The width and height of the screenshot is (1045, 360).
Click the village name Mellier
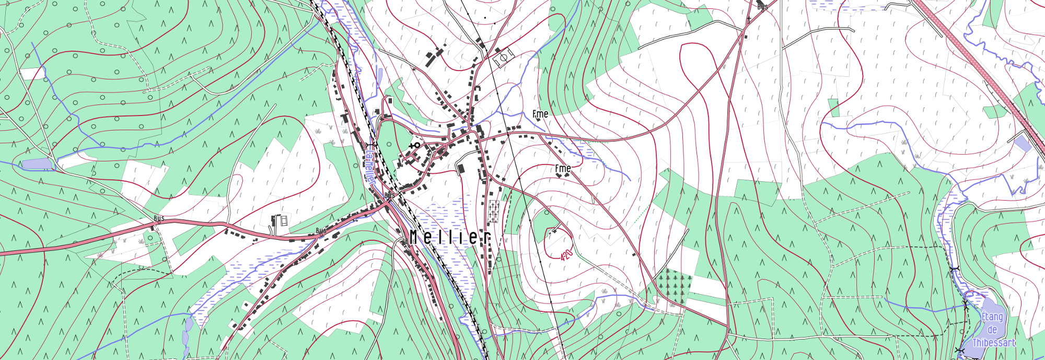[450, 238]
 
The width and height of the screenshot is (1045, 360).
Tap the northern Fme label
[540, 114]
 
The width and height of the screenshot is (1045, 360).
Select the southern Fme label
[563, 168]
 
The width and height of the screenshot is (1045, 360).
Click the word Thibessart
[993, 343]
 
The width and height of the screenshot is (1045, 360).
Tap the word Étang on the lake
[992, 317]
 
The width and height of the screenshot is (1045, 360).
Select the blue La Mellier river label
[369, 163]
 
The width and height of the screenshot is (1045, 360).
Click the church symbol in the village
[416, 145]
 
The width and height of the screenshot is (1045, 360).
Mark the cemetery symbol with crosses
[493, 212]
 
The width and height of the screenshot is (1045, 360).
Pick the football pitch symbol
[503, 57]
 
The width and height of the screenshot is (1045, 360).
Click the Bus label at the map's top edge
[762, 7]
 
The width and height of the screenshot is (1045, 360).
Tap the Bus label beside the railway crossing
[390, 195]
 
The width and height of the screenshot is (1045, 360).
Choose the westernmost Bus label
[159, 218]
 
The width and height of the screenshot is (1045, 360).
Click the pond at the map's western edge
[38, 164]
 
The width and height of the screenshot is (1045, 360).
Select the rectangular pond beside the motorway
[1022, 143]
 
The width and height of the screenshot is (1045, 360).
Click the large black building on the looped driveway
[461, 168]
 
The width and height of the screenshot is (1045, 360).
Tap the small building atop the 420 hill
[555, 230]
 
